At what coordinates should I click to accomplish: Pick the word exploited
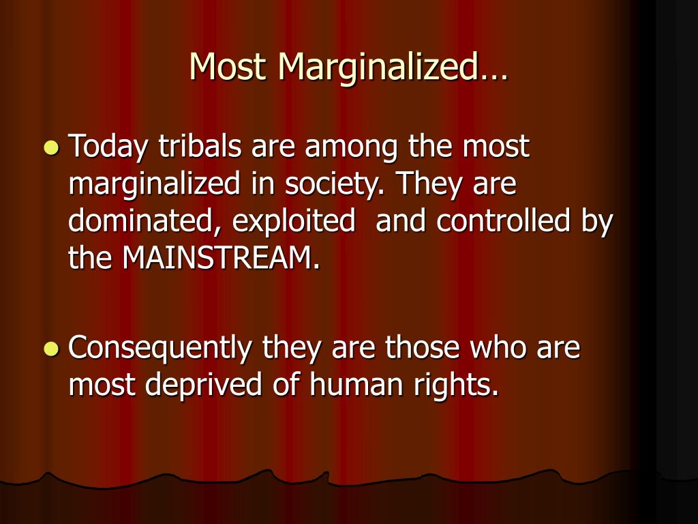coord(294,222)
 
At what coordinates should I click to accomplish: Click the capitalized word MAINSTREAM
coord(222,258)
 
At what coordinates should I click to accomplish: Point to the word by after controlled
coord(597,222)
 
